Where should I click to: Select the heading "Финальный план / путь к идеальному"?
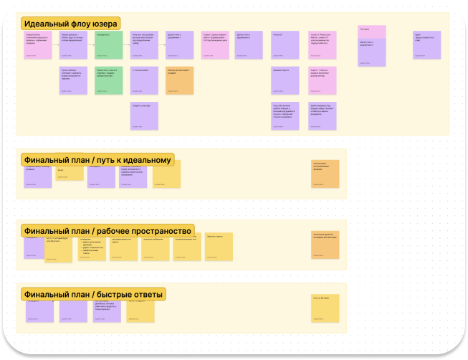pyautogui.click(x=97, y=159)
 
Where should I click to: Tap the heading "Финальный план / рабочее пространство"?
pyautogui.click(x=108, y=230)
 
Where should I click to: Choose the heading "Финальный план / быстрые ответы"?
pyautogui.click(x=93, y=294)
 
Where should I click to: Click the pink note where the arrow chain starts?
pyautogui.click(x=38, y=44)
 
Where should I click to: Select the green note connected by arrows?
pyautogui.click(x=109, y=44)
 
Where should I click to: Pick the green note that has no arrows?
pyautogui.click(x=109, y=80)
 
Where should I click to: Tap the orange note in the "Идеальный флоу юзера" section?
pyautogui.click(x=180, y=80)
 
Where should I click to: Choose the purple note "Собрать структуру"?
pyautogui.click(x=144, y=115)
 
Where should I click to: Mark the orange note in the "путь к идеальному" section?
pyautogui.click(x=325, y=174)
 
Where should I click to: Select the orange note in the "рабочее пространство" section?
pyautogui.click(x=325, y=244)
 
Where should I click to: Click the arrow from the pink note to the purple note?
pyautogui.click(x=56, y=44)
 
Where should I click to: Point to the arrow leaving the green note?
pyautogui.click(x=127, y=44)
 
